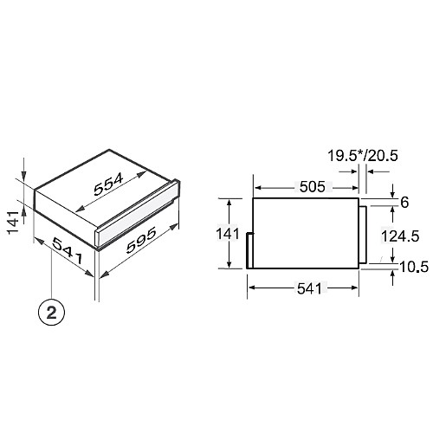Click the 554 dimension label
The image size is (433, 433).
tap(108, 184)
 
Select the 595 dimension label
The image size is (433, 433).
tap(142, 240)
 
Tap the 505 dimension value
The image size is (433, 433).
tap(312, 187)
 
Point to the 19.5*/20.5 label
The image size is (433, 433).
tap(363, 156)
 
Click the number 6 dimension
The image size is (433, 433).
tap(404, 203)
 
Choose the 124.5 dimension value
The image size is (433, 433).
tap(400, 236)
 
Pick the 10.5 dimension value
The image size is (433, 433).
tap(414, 268)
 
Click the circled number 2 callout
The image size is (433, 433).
tap(52, 313)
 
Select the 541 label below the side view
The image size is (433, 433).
tap(309, 288)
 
